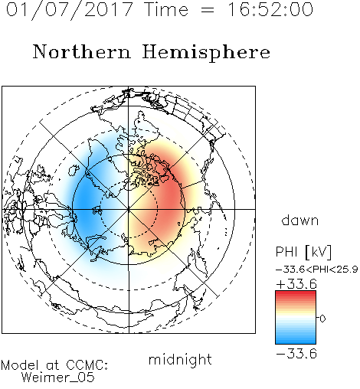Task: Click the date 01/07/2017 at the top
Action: (x=70, y=10)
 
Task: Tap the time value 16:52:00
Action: (x=270, y=10)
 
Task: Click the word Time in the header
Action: (x=166, y=10)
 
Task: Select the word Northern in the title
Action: (x=82, y=51)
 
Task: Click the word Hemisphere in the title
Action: (x=206, y=52)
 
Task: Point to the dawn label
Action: (x=300, y=220)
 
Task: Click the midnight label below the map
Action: (x=180, y=359)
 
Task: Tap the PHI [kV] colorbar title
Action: (x=303, y=252)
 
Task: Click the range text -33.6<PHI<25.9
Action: (x=317, y=270)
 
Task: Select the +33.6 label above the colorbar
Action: (x=296, y=284)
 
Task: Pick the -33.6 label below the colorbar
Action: (x=296, y=354)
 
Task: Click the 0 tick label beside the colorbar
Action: (x=322, y=319)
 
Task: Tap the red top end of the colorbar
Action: (x=296, y=293)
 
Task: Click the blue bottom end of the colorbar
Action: (x=296, y=342)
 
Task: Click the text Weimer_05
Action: (x=58, y=378)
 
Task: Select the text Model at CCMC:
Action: (x=54, y=365)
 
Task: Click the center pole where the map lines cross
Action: (x=129, y=209)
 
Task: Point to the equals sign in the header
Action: (x=208, y=10)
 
